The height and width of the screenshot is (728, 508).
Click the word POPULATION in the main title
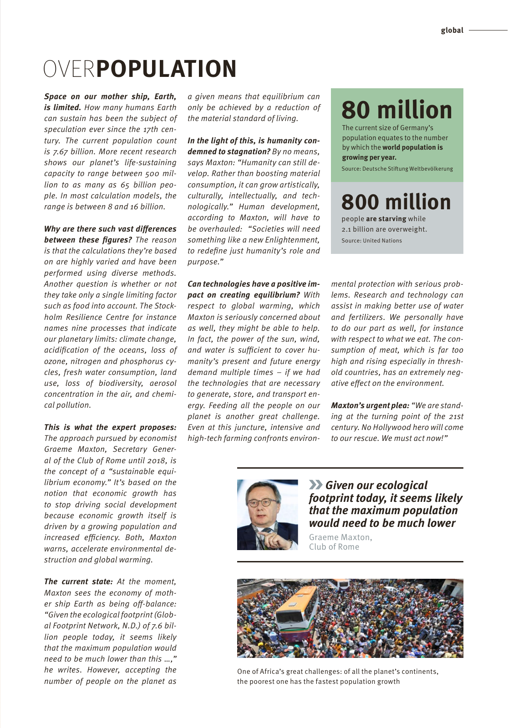tap(167, 69)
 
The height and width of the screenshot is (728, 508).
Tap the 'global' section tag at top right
tap(452, 30)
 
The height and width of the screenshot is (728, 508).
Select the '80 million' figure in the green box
tap(396, 110)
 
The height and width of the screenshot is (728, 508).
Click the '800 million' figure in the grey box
tap(396, 202)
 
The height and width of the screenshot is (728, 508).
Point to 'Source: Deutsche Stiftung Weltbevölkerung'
tap(397, 169)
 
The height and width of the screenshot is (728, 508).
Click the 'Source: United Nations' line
tap(371, 241)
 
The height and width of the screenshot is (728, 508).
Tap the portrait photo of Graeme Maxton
tap(267, 515)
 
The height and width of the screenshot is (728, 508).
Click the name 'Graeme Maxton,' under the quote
tap(340, 537)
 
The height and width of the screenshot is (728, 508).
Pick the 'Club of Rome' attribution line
tap(334, 547)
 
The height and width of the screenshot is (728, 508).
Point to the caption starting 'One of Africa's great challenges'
tap(337, 672)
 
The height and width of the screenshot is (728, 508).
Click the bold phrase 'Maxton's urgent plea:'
tap(370, 405)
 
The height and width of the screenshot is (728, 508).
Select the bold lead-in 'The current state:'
tap(78, 581)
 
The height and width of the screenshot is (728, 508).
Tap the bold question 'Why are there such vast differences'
tap(110, 229)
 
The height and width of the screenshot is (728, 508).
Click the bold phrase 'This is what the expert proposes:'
tap(110, 427)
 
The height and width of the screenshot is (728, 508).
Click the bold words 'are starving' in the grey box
tap(386, 219)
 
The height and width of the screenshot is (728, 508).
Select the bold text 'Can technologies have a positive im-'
tap(254, 284)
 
